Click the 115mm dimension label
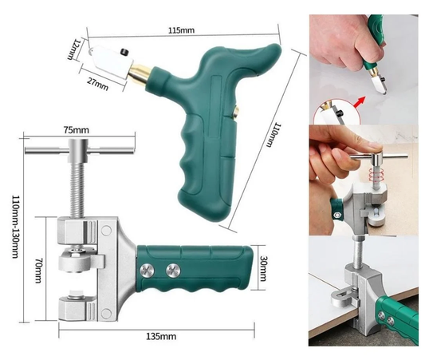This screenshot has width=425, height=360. coord(181,30)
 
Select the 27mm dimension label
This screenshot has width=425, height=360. coord(97,83)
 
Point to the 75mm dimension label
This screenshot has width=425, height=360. coord(77,130)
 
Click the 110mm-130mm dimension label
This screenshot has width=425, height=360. coord(15,227)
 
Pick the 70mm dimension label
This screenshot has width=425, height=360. coord(38,271)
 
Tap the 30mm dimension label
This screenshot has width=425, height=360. coord(263,268)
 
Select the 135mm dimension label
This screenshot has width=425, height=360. coord(161,337)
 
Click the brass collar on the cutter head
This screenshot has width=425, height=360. coord(139,73)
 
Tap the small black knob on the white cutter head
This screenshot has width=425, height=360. coord(124,52)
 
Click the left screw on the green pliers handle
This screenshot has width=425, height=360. coord(147,270)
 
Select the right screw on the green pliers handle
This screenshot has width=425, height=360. coord(173,270)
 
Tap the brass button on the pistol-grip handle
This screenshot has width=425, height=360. coord(235,112)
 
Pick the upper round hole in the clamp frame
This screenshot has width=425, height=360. coord(106,231)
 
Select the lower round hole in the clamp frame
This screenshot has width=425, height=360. coord(106,314)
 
